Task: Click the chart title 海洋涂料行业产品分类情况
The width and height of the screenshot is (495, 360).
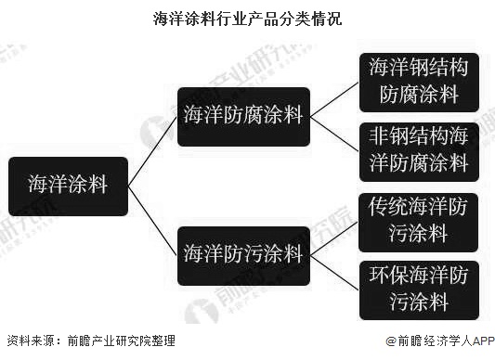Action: [x=247, y=18]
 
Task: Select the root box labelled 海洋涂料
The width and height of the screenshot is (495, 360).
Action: [x=68, y=185]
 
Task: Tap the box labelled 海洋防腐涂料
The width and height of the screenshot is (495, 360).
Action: [x=243, y=116]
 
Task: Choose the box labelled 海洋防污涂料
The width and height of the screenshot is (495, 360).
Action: [x=243, y=253]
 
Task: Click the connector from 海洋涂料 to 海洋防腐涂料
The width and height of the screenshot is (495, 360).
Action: [x=153, y=149]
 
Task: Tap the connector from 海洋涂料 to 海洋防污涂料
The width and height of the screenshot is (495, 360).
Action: [x=153, y=220]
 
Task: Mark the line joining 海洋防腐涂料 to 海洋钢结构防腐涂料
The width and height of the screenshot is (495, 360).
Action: [x=334, y=98]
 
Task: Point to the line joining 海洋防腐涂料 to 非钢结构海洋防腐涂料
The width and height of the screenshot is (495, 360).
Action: [x=334, y=134]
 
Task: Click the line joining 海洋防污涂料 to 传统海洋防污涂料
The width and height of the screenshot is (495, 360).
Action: [x=334, y=236]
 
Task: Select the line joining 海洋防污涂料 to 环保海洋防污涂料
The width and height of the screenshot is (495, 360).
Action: [x=334, y=271]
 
